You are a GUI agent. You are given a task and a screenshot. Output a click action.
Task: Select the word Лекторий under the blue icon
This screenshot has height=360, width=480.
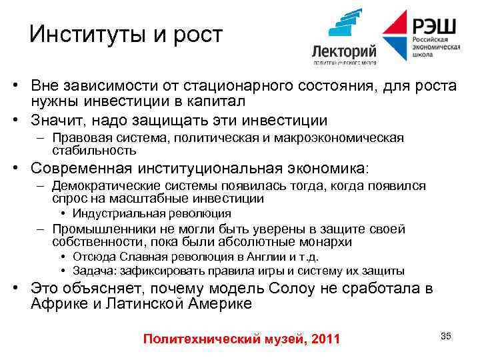(x=345, y=52)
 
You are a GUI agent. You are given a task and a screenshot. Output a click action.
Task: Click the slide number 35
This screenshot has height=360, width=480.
(x=446, y=335)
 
